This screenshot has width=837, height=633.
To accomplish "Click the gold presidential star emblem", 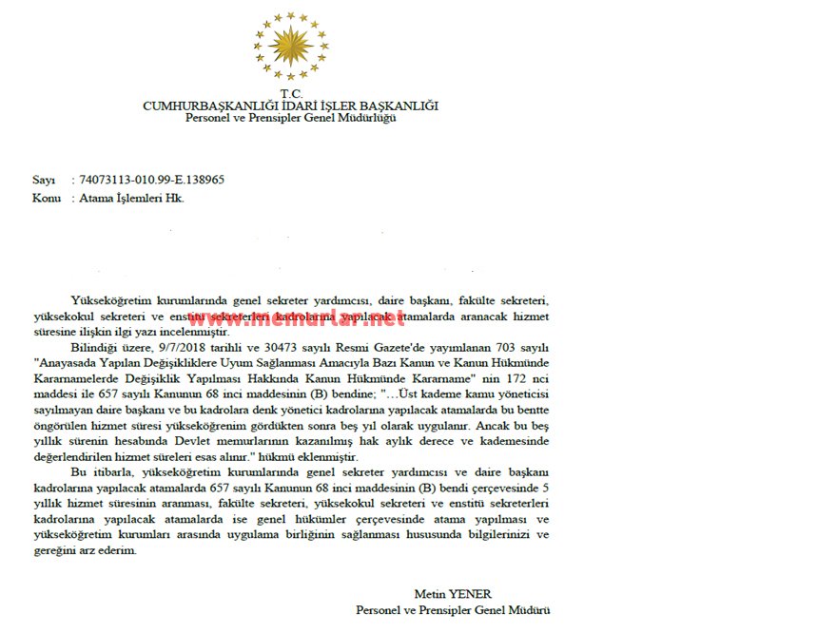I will pos(291,45).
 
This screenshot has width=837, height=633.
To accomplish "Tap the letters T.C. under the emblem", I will pos(291,93).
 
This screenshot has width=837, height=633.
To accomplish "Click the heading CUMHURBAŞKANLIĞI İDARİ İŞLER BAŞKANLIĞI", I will pos(290,105).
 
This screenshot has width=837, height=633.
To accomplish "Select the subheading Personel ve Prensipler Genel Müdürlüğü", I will pos(290,118).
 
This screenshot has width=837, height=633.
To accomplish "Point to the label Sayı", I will pos(44,180).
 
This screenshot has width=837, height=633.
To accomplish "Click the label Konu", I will pos(47,198).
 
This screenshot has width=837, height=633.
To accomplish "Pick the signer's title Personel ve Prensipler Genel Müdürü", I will pos(453,610).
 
